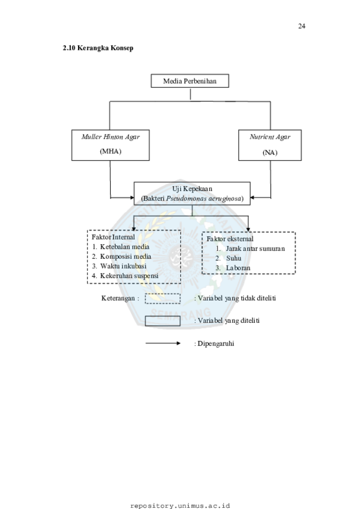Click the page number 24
(301, 26)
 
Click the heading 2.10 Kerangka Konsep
(98, 48)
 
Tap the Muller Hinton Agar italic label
(110, 137)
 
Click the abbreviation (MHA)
(110, 151)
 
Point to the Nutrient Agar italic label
(270, 137)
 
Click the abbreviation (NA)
(270, 152)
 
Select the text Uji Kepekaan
(192, 189)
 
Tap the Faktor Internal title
(113, 237)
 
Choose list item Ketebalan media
(125, 246)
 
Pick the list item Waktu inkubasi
(123, 266)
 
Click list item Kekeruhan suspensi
(129, 276)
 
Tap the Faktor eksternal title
(230, 239)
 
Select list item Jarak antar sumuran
(255, 249)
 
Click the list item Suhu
(234, 259)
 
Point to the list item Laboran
(238, 268)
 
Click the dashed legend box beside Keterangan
(163, 294)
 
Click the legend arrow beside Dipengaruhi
(163, 343)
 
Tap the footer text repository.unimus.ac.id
(180, 506)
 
